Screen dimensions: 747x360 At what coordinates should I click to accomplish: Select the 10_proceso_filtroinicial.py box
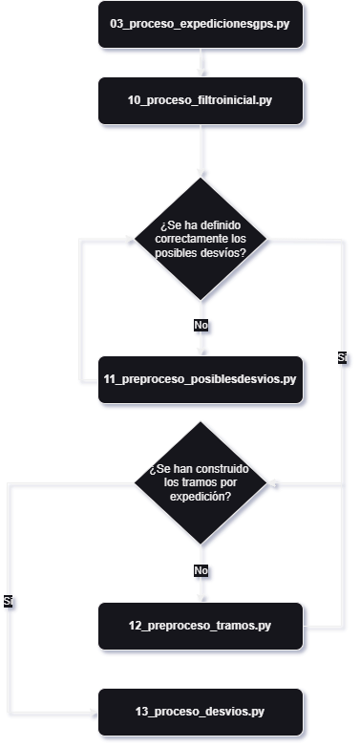click(200, 99)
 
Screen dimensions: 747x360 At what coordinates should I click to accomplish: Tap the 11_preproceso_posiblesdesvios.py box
click(200, 378)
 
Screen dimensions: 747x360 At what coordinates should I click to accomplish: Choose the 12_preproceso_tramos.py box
click(200, 626)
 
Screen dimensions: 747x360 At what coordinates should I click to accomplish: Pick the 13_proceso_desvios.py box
click(200, 713)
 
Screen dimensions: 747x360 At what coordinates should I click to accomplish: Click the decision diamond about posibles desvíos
click(201, 238)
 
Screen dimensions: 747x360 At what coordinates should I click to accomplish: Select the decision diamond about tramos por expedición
click(201, 484)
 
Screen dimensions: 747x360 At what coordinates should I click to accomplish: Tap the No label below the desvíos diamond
click(201, 326)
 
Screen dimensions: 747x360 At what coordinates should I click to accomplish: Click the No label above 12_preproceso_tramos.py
click(201, 570)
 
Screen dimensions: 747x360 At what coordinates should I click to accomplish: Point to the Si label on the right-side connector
click(343, 357)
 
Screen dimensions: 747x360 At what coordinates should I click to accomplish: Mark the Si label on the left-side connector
click(9, 602)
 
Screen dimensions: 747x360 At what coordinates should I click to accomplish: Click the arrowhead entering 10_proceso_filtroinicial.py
click(201, 72)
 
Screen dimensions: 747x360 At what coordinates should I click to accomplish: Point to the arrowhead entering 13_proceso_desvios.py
click(93, 713)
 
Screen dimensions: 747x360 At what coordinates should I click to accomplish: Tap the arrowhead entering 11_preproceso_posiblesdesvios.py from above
click(201, 351)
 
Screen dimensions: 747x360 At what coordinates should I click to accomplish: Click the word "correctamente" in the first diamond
click(201, 238)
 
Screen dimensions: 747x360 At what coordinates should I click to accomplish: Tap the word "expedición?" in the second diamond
click(201, 497)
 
